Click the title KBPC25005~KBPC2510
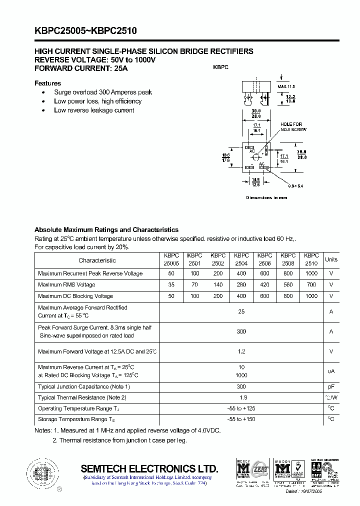point(85,31)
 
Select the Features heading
point(47,83)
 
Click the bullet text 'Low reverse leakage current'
point(94,110)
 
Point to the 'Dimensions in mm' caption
point(266,197)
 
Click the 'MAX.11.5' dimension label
point(286,86)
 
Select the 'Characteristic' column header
point(97,260)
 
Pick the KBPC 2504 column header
point(241,259)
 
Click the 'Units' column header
point(331,259)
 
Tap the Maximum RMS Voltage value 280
point(241,284)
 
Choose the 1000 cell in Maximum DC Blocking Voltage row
point(311,296)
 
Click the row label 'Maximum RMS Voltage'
point(66,284)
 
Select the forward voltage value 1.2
point(241,351)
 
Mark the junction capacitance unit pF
point(331,386)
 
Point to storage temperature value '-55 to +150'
point(241,419)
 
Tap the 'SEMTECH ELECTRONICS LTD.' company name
point(149,468)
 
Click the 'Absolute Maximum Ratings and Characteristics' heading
point(106,229)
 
